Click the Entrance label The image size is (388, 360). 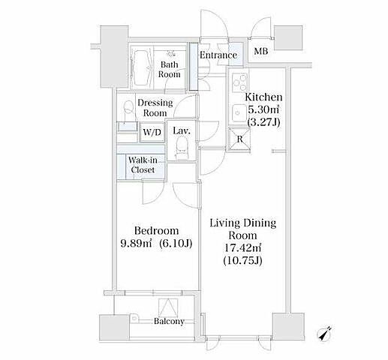[x=218, y=55]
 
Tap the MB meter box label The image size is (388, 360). [x=261, y=51]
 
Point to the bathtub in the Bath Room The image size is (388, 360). [x=142, y=67]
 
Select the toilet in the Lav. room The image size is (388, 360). [x=182, y=148]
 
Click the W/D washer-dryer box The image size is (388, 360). [x=152, y=132]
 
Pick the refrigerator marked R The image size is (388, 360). [x=239, y=139]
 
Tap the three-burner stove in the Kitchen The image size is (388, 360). [x=239, y=82]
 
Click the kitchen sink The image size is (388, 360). [x=239, y=113]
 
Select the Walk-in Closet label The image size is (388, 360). [x=143, y=165]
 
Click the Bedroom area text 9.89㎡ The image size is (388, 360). [x=136, y=243]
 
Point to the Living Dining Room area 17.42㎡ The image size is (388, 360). [x=242, y=247]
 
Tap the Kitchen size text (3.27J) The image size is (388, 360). [x=263, y=122]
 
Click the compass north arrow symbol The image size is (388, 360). [x=325, y=333]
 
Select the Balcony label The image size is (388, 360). [x=169, y=321]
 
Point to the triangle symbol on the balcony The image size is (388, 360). [x=168, y=307]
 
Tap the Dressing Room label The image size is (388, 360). [x=155, y=108]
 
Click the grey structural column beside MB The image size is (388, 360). [x=288, y=38]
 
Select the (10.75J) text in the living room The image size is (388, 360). [x=242, y=261]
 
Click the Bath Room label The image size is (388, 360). [x=170, y=69]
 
